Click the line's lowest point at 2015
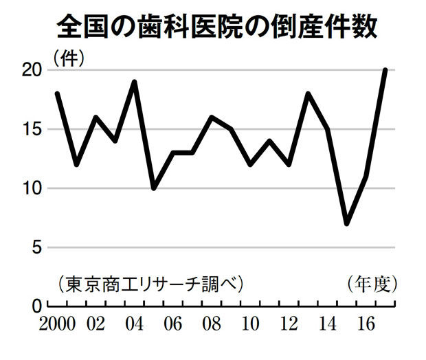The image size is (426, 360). click(347, 223)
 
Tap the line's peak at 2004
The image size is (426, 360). click(135, 82)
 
